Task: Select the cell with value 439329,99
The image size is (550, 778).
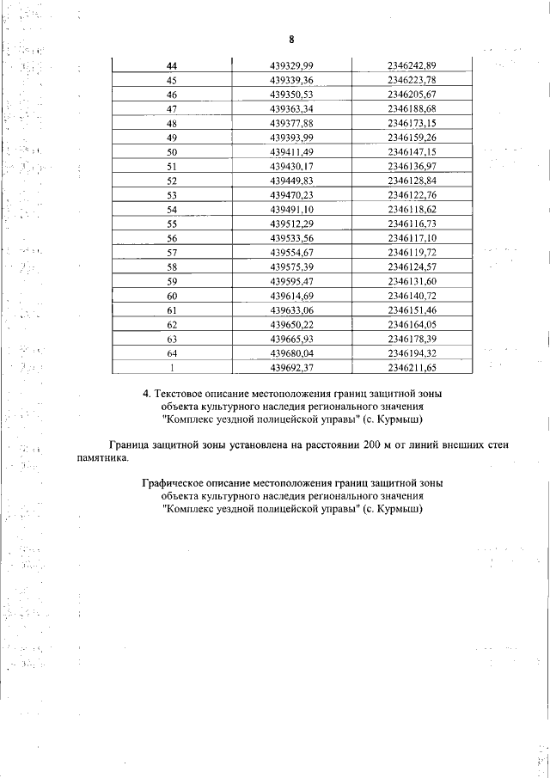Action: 292,66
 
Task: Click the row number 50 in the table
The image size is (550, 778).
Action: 172,151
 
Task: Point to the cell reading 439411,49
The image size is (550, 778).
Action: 292,151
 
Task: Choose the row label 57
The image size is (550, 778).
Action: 172,252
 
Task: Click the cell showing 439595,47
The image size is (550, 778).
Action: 292,280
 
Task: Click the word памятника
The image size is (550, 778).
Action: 101,458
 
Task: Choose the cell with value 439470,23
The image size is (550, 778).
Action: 292,194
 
